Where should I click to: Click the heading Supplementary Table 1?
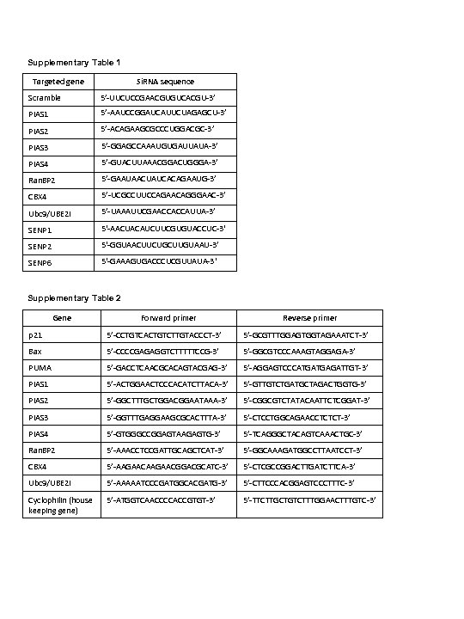click(74, 63)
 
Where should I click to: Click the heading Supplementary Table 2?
click(74, 297)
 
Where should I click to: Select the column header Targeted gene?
click(58, 81)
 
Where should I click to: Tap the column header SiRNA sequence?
click(165, 81)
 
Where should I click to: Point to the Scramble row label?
click(45, 97)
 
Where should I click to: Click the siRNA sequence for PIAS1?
click(163, 113)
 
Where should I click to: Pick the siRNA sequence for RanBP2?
click(162, 179)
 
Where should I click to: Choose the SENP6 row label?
click(40, 261)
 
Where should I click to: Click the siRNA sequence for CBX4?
click(162, 195)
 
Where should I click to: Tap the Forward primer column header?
click(168, 317)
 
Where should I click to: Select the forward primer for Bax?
click(162, 351)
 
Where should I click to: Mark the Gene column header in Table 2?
click(62, 317)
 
